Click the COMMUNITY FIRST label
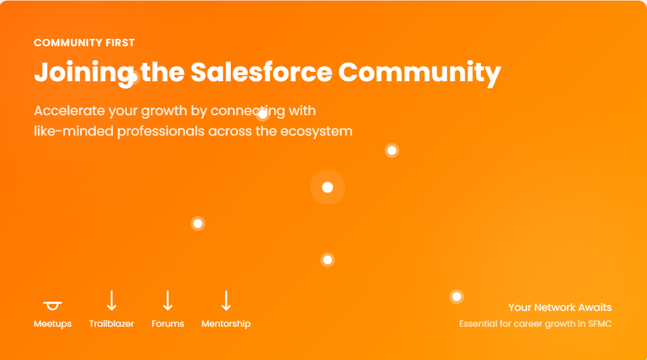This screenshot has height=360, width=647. [84, 43]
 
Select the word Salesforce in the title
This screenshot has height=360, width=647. [261, 72]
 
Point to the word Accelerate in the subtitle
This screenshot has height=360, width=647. [70, 110]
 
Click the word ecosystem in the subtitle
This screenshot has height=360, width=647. [316, 131]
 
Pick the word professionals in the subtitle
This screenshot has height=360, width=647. [161, 131]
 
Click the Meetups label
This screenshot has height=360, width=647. [53, 324]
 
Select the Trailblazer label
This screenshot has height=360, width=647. [112, 324]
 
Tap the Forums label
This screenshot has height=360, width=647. [168, 324]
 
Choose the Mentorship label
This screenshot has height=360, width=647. [226, 324]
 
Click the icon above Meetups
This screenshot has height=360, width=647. [53, 306]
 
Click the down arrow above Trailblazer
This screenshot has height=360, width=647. [112, 300]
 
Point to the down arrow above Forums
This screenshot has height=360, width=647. [168, 300]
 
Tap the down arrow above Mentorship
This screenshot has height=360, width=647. [226, 300]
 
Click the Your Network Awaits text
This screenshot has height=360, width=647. [560, 307]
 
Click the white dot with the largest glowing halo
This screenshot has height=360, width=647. [328, 187]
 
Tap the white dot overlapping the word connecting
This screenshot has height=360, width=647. [263, 114]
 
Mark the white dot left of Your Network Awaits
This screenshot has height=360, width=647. [457, 296]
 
